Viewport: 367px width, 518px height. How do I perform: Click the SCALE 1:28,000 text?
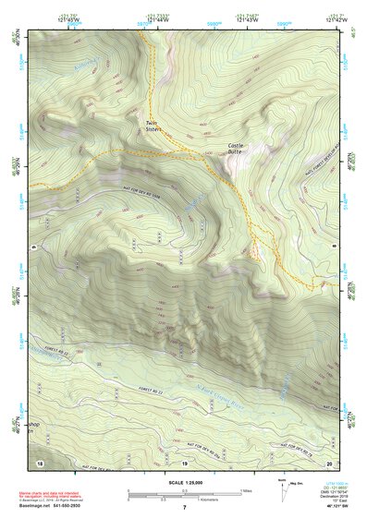184,480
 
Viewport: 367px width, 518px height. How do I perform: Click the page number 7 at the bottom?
185,509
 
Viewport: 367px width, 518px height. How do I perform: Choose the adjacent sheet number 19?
184,462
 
